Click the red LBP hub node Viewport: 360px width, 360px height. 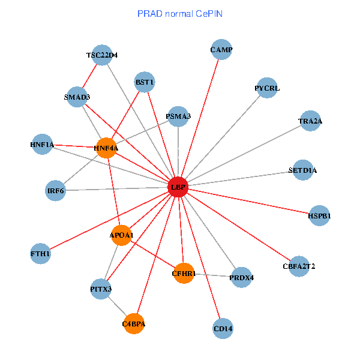[x=178, y=187]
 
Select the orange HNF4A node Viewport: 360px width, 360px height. [x=106, y=148]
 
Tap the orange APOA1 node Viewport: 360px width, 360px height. [x=121, y=235]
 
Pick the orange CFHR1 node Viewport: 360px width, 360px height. [x=184, y=274]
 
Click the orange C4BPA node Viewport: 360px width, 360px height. [x=134, y=324]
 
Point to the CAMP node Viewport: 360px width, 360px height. [x=221, y=50]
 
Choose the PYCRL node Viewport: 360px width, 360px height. [x=267, y=88]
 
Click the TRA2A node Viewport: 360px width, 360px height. [x=310, y=121]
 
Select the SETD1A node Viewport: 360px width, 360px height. [x=303, y=170]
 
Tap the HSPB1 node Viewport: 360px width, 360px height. [x=319, y=215]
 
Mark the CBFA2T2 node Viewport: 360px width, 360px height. [x=299, y=266]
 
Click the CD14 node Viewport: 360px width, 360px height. [x=223, y=329]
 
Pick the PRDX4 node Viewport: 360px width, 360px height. [x=241, y=278]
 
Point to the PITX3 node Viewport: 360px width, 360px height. [x=101, y=289]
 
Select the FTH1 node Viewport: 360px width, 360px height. [x=41, y=254]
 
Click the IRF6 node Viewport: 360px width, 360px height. [x=55, y=191]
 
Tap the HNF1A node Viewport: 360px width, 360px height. [x=42, y=145]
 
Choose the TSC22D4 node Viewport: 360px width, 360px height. [x=102, y=55]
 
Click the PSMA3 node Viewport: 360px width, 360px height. [x=178, y=116]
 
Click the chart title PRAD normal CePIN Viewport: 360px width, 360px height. [x=180, y=13]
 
